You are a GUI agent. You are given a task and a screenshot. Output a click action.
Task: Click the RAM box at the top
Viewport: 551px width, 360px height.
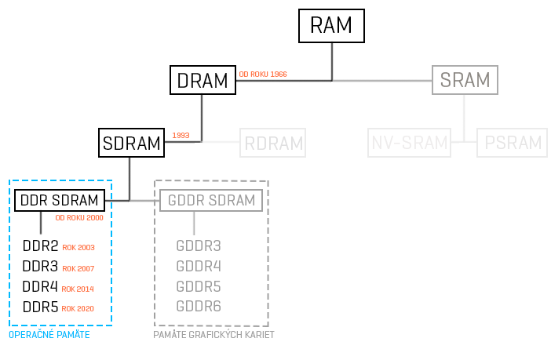pos(332,25)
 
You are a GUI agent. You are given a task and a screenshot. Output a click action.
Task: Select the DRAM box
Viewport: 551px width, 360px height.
pos(202,80)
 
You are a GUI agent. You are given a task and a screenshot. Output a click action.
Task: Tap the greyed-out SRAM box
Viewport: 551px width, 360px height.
pos(465,80)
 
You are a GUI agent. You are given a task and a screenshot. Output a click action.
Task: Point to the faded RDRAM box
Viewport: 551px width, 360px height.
pos(273,144)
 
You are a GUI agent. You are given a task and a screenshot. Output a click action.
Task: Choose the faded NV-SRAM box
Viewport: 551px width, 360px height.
pos(409,144)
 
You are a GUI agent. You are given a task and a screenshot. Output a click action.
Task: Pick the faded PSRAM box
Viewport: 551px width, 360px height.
pos(513,144)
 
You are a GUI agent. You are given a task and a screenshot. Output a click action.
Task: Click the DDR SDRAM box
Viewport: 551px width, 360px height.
pos(60,201)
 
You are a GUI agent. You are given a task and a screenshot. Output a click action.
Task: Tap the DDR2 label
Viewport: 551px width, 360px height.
pos(40,246)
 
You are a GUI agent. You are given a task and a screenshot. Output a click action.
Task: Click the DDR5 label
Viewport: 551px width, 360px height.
pos(40,307)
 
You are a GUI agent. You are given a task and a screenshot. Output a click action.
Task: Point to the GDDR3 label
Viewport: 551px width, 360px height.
pos(199,246)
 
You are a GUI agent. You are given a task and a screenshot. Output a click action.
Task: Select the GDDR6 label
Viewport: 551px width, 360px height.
pos(199,306)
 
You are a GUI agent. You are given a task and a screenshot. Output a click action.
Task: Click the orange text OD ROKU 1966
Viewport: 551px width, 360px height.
pos(262,74)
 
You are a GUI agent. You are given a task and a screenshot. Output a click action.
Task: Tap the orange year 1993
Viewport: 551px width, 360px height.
pos(181,136)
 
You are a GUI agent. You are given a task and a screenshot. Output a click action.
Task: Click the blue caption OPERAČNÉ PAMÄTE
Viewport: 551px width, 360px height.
pos(49,335)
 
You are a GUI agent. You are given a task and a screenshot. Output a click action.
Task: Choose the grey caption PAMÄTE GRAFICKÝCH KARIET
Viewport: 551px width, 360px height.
pos(213,335)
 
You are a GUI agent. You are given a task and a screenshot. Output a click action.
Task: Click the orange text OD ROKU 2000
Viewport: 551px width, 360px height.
pos(78,218)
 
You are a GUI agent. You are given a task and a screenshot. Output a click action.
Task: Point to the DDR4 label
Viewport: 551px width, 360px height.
pos(40,287)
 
